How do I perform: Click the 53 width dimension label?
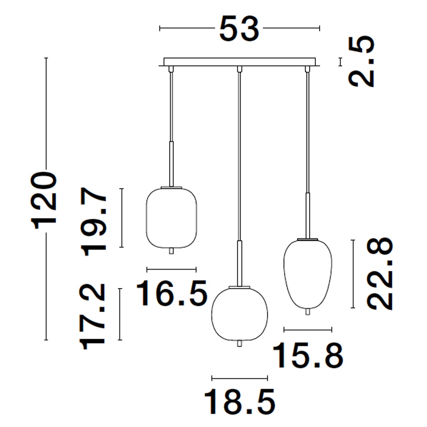pos(239,28)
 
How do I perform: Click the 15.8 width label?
pos(308,355)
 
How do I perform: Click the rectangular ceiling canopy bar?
pos(239,62)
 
